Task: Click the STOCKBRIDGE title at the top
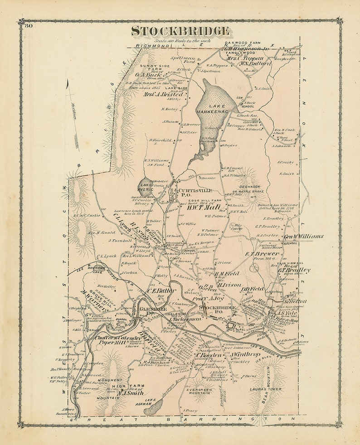click(180, 31)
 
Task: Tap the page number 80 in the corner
click(29, 25)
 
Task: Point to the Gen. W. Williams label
click(303, 236)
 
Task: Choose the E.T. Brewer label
click(262, 254)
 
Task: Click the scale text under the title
click(180, 40)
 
